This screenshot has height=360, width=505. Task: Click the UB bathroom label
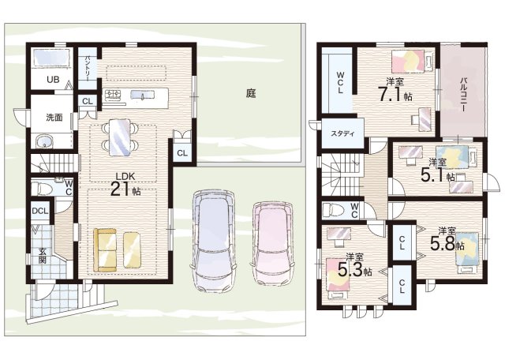[x=53, y=79]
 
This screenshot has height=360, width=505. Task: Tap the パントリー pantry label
[x=88, y=67]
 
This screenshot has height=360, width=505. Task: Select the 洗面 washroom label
[x=54, y=118]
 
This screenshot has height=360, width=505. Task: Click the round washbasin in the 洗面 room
[x=43, y=142]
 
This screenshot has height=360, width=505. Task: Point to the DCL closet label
[x=40, y=212]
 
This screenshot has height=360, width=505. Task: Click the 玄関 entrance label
[x=42, y=255]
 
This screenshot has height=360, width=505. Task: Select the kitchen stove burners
[x=113, y=94]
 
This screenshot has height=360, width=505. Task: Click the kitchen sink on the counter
[x=142, y=95]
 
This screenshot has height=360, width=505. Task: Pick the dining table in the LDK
[x=120, y=137]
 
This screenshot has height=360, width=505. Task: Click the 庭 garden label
[x=251, y=93]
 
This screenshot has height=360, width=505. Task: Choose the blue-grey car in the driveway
[x=214, y=241]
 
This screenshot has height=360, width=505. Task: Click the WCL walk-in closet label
[x=340, y=83]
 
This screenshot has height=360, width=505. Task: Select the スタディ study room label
[x=342, y=133]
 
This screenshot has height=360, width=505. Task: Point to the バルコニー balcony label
[x=463, y=94]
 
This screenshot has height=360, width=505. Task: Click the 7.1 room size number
[x=391, y=94]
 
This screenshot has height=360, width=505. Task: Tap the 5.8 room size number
[x=443, y=244]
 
